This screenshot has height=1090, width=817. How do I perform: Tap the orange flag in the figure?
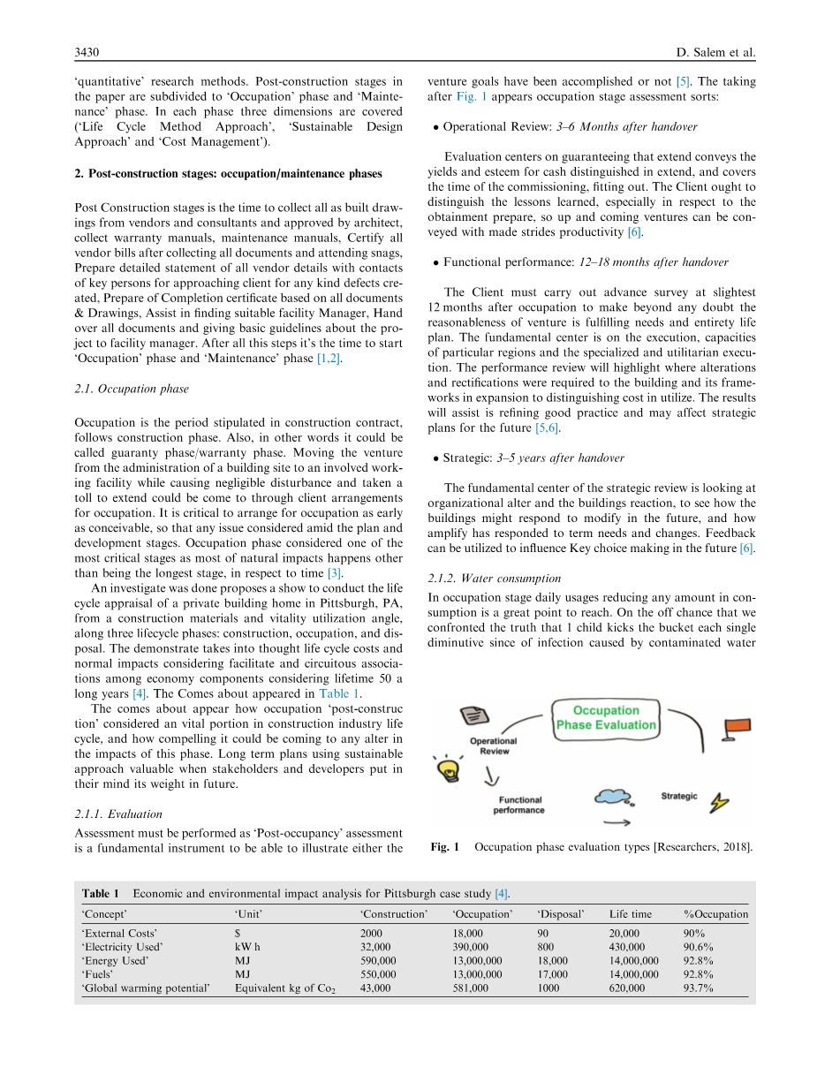click(x=737, y=727)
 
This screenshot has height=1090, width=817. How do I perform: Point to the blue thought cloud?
click(x=613, y=798)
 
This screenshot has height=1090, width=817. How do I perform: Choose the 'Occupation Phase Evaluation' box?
click(x=606, y=718)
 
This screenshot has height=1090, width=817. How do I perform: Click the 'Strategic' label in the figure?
click(x=679, y=797)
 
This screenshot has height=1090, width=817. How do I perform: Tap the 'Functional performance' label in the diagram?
click(x=518, y=805)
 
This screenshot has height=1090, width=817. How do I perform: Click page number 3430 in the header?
click(x=87, y=52)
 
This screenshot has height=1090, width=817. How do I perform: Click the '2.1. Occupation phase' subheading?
click(x=131, y=389)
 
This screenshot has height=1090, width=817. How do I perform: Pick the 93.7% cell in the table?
click(x=698, y=988)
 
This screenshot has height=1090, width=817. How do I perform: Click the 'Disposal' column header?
click(x=561, y=914)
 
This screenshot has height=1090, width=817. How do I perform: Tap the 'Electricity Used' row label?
click(x=122, y=947)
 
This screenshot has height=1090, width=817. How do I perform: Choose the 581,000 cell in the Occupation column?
click(x=470, y=988)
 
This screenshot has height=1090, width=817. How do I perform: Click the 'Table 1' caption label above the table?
click(x=101, y=893)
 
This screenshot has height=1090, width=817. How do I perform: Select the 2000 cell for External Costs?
click(x=372, y=933)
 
